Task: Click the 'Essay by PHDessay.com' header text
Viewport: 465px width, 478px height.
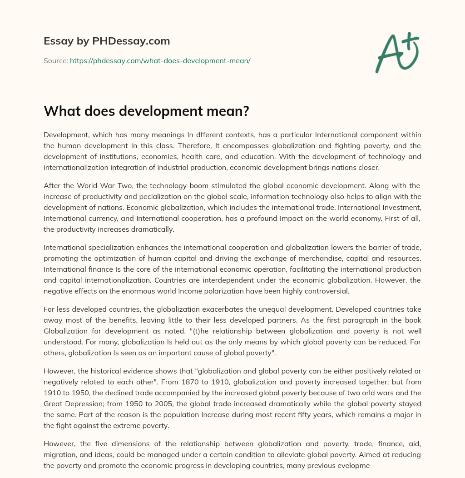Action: point(107,41)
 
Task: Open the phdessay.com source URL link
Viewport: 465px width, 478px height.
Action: point(160,60)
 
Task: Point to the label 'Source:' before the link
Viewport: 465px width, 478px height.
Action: point(56,60)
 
